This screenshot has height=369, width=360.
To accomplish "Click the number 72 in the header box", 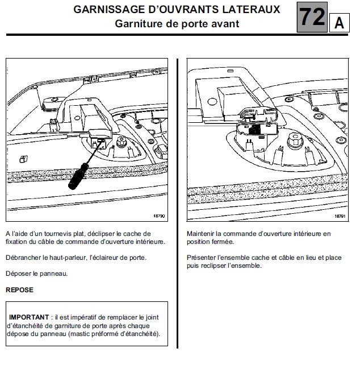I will [312, 17].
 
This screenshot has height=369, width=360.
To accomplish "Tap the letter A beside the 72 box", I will [339, 23].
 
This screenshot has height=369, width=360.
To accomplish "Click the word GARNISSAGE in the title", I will [108, 10].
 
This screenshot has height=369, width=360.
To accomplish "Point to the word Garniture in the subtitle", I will [140, 23].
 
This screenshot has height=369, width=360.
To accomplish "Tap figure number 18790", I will [158, 216].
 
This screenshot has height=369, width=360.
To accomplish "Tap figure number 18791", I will [340, 216].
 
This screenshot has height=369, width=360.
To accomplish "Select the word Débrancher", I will [23, 258].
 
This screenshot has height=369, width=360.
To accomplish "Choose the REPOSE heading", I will [19, 289].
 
